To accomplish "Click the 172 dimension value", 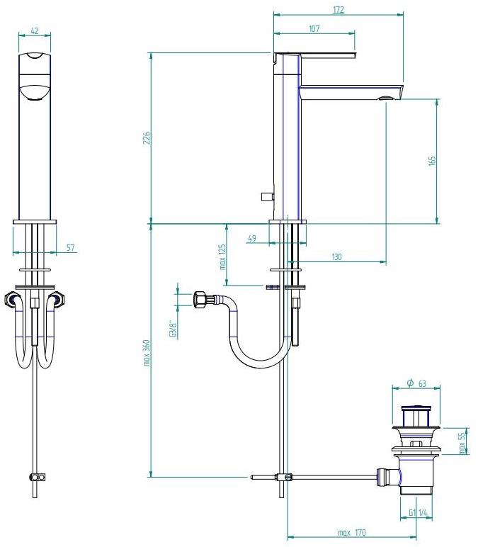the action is [338, 9].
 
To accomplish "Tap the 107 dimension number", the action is [314, 28].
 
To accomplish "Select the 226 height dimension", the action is [147, 138].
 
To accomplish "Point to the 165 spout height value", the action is [432, 161].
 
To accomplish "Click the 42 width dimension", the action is [35, 30].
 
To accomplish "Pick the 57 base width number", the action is [70, 248].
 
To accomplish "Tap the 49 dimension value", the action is [251, 238].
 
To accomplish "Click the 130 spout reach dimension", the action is [336, 257].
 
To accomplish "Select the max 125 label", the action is [222, 256].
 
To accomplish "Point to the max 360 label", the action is [147, 353].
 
